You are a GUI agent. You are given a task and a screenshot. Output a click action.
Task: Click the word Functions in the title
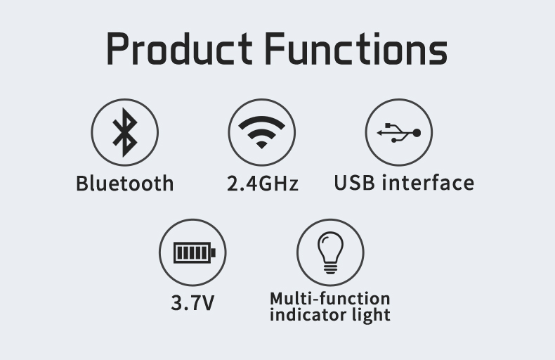[356, 49]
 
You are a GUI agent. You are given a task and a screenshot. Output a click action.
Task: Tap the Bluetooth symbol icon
[124, 132]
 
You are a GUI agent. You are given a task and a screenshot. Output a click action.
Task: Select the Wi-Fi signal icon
[261, 131]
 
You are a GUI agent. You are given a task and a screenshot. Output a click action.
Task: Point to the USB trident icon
[399, 132]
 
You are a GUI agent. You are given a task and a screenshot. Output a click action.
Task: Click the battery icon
[195, 252]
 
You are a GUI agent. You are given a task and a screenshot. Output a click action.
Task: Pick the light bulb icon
[330, 252]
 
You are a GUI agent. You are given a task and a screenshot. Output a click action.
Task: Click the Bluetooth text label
[125, 184]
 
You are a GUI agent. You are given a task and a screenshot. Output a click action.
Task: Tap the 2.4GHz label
[263, 184]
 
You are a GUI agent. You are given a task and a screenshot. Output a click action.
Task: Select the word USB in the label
[354, 183]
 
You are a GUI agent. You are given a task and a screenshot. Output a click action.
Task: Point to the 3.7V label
[192, 303]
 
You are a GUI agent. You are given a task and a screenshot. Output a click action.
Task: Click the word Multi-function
[330, 299]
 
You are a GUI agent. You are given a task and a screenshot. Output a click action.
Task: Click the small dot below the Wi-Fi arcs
[261, 145]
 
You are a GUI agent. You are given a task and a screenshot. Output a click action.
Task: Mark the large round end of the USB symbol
[417, 133]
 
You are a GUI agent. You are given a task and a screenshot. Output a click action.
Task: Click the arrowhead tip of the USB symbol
[377, 133]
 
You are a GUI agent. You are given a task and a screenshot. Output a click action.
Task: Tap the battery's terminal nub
[213, 252]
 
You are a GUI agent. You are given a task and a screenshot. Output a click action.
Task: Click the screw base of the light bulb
[330, 269]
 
